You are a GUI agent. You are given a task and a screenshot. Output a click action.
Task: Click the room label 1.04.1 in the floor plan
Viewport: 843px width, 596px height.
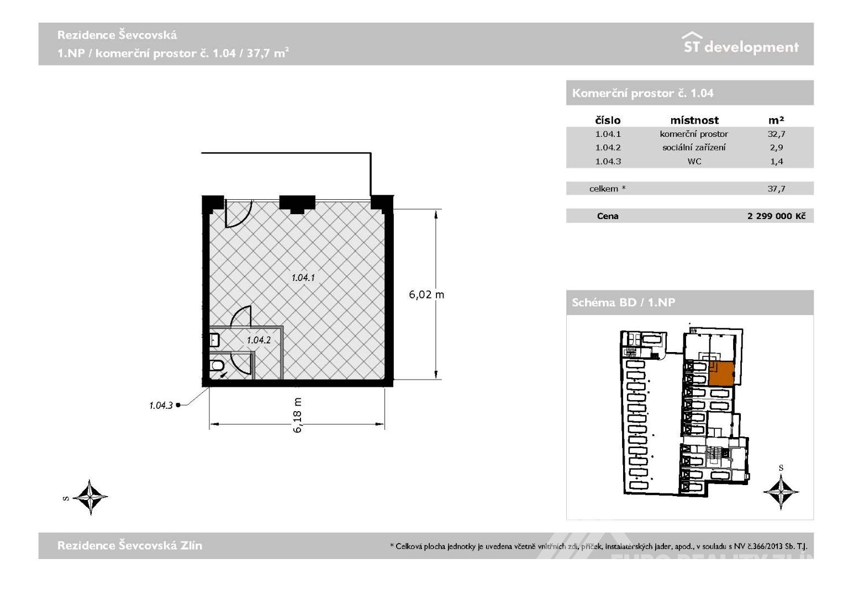[303, 278]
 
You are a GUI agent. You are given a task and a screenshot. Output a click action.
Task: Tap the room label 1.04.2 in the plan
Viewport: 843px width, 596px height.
[259, 340]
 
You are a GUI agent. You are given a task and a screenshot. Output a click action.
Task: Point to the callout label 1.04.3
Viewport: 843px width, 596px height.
[161, 406]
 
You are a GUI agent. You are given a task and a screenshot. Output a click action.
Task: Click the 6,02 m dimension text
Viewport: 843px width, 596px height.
[426, 295]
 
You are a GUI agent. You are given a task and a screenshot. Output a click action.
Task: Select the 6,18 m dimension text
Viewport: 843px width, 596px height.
[297, 415]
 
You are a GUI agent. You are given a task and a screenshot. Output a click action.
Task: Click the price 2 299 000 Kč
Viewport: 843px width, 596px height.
[776, 216]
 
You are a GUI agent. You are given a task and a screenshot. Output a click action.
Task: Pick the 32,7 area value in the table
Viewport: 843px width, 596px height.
[776, 134]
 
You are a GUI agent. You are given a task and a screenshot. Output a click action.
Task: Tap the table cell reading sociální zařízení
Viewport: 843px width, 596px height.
[694, 147]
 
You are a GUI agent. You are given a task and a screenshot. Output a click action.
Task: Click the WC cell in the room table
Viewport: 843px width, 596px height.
[694, 161]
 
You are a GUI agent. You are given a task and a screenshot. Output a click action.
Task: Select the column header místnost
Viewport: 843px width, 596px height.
[694, 120]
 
